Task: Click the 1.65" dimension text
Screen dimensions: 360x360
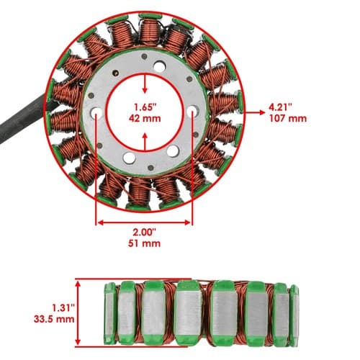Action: click(145, 107)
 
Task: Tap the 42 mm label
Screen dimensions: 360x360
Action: click(145, 119)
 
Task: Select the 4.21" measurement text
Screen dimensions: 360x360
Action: click(280, 107)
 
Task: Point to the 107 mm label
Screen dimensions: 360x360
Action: click(288, 119)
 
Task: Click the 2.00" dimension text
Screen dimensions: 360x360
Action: click(145, 233)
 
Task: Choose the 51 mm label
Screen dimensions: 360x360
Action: click(144, 243)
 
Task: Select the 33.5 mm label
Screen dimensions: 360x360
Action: click(54, 319)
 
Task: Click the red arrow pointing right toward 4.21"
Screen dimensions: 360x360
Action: click(255, 112)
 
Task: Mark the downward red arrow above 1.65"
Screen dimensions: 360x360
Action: click(145, 84)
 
